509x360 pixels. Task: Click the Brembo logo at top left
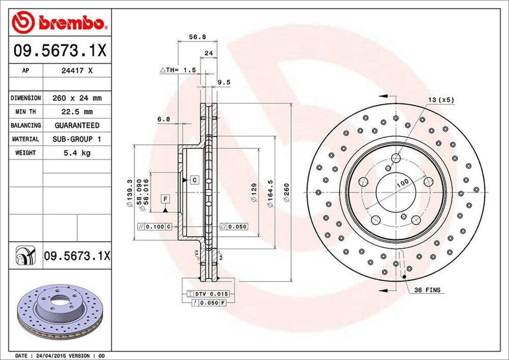pos(60,22)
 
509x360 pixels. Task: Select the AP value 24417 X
pos(77,71)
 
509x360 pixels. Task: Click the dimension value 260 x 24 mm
pos(77,98)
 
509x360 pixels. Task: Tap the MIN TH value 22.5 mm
pos(77,112)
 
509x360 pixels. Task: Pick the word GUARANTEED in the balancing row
pos(77,125)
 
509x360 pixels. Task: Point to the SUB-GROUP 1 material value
pos(77,139)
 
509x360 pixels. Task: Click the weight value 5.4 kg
pos(77,153)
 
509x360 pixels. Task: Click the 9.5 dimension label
pos(224,83)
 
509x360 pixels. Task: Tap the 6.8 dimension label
pos(163,119)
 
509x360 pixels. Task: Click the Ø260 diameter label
pos(286,192)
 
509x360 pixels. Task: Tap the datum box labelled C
pos(193,179)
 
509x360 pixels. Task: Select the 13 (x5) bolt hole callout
pos(441,99)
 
